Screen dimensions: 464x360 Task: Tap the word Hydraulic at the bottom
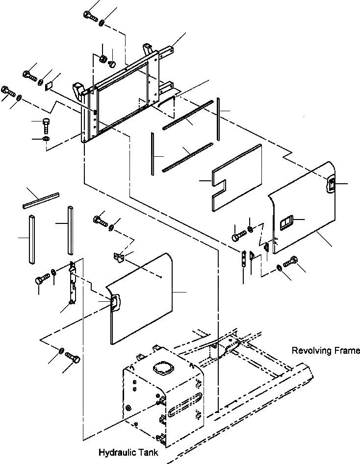116,452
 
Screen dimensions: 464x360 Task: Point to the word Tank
149,452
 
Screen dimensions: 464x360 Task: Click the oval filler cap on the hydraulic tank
162,367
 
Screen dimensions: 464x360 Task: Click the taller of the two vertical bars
70,230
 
